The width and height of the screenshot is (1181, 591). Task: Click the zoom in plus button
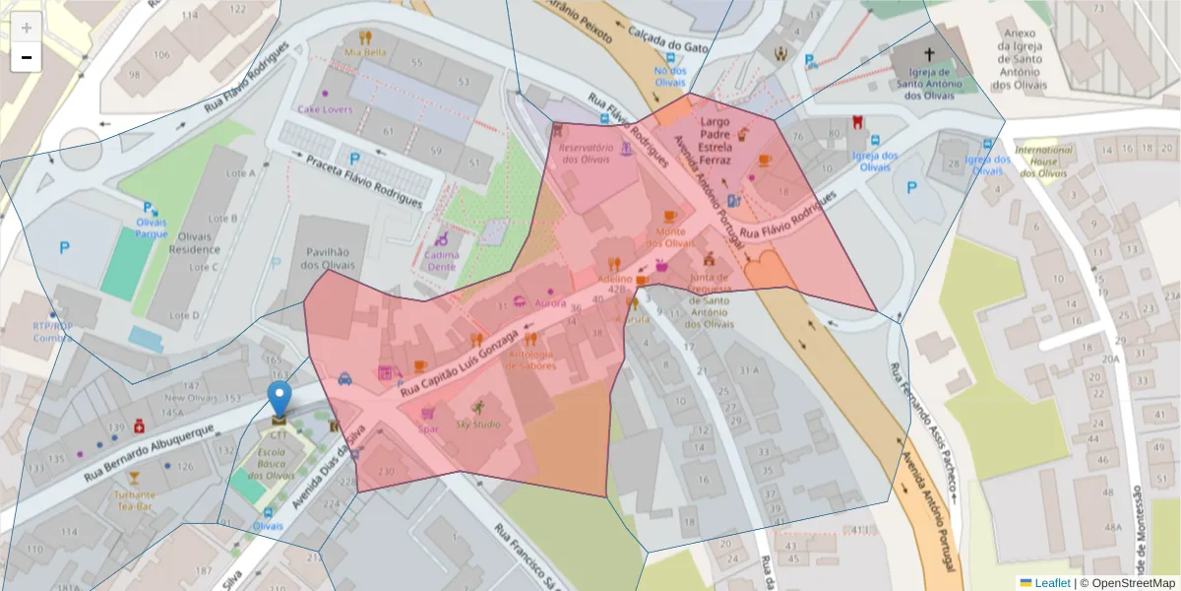click(26, 27)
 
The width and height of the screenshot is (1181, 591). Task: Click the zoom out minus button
click(26, 57)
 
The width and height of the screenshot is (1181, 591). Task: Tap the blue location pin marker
click(280, 399)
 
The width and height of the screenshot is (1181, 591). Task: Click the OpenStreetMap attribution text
click(1133, 583)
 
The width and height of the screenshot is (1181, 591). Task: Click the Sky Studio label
click(477, 425)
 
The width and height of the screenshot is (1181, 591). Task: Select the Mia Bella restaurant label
click(365, 52)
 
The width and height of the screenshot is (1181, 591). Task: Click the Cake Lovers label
click(325, 109)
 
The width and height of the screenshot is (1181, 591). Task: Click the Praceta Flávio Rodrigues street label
click(363, 180)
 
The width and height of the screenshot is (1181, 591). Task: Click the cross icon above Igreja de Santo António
click(929, 55)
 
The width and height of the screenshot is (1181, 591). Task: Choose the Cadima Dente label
click(442, 260)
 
